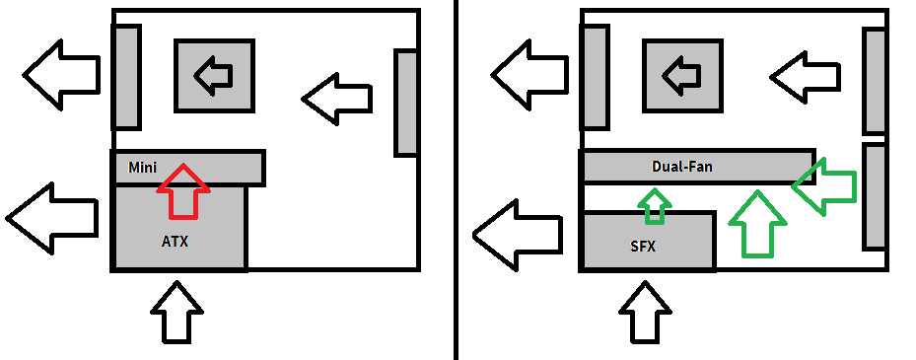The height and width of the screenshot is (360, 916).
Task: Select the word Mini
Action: (143, 168)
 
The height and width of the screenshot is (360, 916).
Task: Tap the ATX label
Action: (175, 241)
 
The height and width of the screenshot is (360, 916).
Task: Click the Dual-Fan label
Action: (681, 167)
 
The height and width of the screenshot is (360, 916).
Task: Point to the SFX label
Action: (643, 247)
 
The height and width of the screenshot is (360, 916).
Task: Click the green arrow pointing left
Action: (823, 186)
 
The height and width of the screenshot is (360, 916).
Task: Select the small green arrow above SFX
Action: (655, 206)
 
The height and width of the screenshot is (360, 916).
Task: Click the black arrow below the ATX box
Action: (177, 313)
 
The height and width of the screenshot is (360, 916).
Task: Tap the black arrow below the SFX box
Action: (645, 313)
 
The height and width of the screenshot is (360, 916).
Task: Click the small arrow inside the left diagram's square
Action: (213, 75)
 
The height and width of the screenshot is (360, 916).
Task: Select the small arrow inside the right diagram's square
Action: (681, 75)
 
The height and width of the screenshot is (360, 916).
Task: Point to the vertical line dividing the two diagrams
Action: (456, 180)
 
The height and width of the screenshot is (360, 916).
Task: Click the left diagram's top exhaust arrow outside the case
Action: (61, 75)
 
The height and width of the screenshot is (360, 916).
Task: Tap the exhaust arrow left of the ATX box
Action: (52, 218)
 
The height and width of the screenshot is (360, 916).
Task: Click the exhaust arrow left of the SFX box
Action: (518, 236)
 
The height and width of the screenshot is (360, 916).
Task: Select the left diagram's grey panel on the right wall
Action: (406, 104)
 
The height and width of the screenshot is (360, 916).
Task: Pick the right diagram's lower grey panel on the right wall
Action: (876, 195)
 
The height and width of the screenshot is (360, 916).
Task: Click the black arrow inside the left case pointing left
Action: (337, 99)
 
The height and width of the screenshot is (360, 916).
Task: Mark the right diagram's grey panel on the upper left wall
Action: (597, 77)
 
